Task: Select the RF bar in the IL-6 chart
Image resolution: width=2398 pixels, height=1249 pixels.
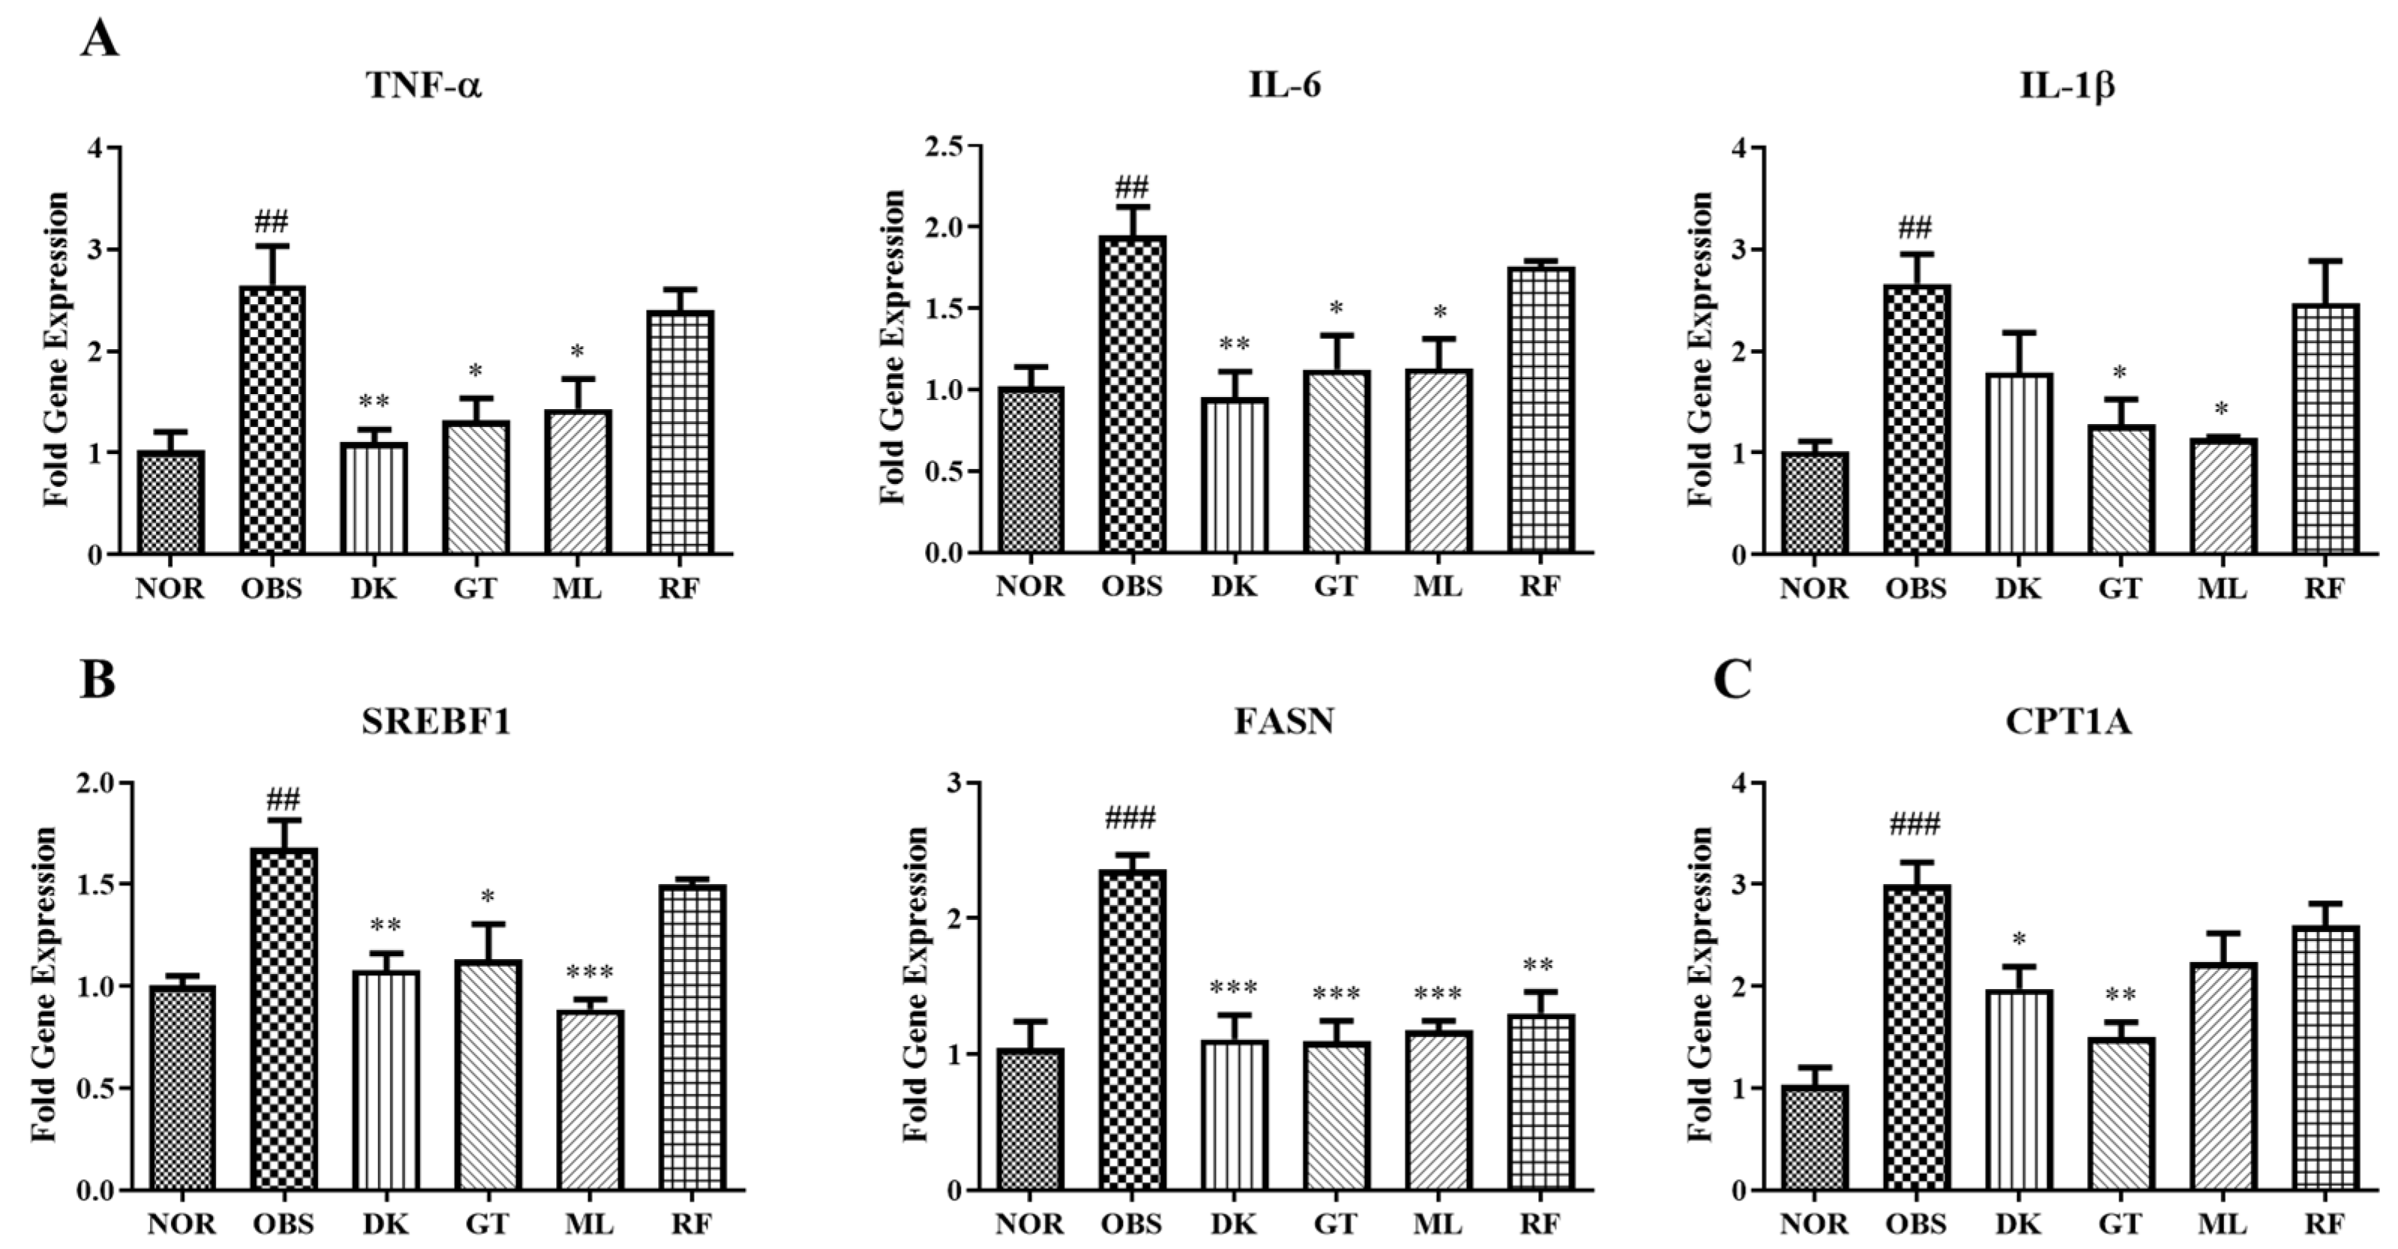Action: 1540,411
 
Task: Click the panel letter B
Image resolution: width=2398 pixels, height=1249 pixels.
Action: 97,680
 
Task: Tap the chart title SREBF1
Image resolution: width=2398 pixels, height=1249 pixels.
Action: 436,722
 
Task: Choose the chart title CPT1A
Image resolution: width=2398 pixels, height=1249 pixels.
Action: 2067,722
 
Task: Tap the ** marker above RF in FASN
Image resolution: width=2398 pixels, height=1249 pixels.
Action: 1539,964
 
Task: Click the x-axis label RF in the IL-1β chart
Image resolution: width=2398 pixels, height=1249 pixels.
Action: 2324,589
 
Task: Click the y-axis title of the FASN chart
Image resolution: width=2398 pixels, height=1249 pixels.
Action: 916,985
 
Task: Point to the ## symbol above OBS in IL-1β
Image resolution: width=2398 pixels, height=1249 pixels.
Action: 1914,226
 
